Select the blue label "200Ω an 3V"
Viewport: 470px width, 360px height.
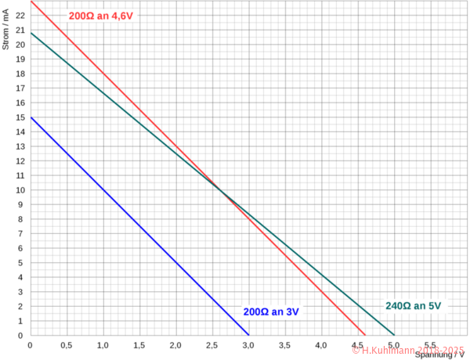pyautogui.click(x=272, y=311)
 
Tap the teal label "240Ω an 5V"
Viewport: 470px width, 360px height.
pyautogui.click(x=413, y=305)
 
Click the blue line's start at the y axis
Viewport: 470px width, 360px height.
pyautogui.click(x=31, y=118)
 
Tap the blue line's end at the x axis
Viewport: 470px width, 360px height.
pyautogui.click(x=248, y=337)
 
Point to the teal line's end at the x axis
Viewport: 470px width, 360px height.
pyautogui.click(x=393, y=337)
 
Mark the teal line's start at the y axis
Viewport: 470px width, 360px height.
pyautogui.click(x=31, y=34)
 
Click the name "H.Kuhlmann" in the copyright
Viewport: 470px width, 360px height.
pyautogui.click(x=389, y=351)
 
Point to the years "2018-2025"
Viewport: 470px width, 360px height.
pyautogui.click(x=440, y=351)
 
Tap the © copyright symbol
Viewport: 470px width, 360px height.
pyautogui.click(x=356, y=351)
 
